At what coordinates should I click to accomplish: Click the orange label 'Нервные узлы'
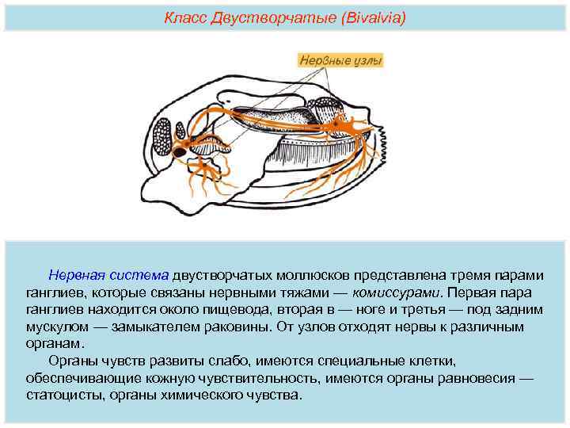click(x=341, y=59)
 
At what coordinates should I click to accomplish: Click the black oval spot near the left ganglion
click(x=180, y=151)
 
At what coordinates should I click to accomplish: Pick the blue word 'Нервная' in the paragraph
click(x=76, y=275)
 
